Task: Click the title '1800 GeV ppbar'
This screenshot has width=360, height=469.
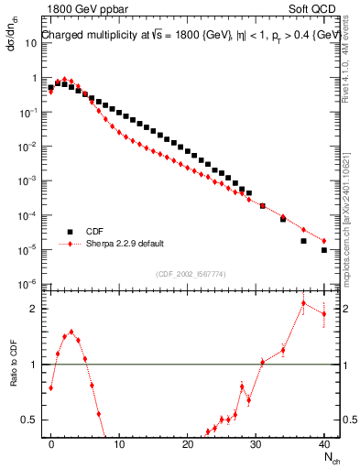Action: point(82,8)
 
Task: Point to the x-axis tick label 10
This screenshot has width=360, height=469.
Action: point(119,442)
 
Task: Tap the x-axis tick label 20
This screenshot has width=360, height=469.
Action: point(188,442)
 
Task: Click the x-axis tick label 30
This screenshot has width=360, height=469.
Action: point(256,442)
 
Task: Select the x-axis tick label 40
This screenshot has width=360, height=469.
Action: point(324,442)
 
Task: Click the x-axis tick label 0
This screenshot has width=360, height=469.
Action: point(51,442)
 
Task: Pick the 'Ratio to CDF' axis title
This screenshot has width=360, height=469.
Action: point(13,376)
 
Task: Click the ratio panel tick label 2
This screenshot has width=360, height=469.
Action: point(32,309)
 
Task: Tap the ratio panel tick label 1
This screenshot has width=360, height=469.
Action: point(32,365)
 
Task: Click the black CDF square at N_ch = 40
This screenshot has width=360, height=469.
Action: point(324,249)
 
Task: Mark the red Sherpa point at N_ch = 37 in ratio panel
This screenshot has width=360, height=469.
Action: point(304,303)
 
